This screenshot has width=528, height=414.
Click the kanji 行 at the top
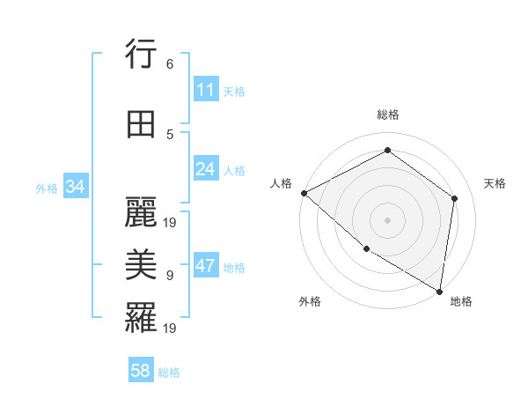click(141, 56)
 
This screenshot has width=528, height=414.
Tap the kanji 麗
click(141, 213)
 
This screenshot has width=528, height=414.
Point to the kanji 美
click(141, 264)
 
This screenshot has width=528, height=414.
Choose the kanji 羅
click(141, 318)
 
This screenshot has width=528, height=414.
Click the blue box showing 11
click(206, 90)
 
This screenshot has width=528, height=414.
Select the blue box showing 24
click(206, 169)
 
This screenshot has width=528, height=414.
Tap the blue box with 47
click(206, 267)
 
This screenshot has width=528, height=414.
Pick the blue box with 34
click(76, 187)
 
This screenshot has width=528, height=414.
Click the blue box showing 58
click(141, 371)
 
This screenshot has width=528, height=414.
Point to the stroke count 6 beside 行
click(170, 64)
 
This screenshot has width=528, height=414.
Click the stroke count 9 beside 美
click(170, 275)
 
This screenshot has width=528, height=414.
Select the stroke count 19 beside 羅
click(171, 329)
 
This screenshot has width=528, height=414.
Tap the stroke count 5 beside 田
click(170, 134)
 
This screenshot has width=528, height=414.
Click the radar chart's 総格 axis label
click(388, 115)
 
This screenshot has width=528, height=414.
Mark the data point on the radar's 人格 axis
click(304, 193)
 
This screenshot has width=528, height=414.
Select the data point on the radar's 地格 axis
click(440, 290)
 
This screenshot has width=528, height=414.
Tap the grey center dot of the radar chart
click(387, 219)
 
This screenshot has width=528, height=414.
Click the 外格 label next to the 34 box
click(47, 188)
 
